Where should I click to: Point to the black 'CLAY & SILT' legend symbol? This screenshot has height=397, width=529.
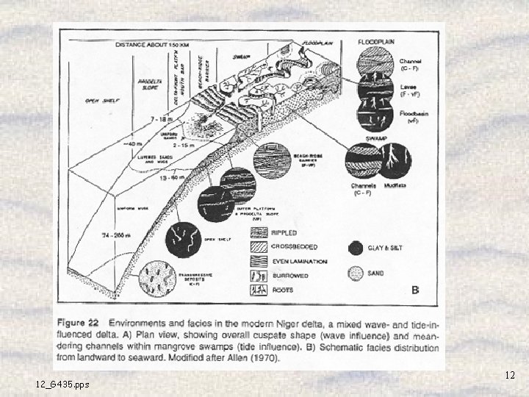(356, 248)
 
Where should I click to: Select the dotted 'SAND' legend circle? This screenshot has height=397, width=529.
(356, 273)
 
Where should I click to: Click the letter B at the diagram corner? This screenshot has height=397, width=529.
(415, 290)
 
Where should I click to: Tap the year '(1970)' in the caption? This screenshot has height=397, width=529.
(260, 358)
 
